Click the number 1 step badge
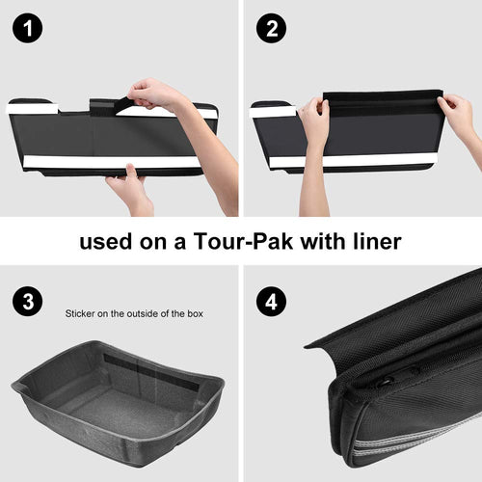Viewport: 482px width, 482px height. click(28, 28)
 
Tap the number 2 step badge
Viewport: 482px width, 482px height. click(272, 28)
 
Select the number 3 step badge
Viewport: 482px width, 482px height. click(28, 302)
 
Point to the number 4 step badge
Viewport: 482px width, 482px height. click(272, 302)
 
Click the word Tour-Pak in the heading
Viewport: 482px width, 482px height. click(243, 241)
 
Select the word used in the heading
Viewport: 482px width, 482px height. click(106, 242)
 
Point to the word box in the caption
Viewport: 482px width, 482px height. click(195, 313)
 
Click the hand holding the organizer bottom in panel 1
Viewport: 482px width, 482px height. click(130, 190)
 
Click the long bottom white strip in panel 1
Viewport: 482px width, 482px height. click(113, 162)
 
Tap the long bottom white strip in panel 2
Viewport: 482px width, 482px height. click(354, 161)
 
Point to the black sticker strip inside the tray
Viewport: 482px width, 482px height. click(151, 372)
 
